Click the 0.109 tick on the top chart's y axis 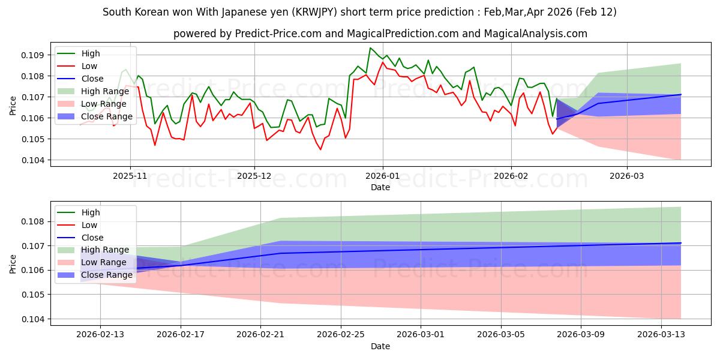coord(34,55)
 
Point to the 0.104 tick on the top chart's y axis coord(34,160)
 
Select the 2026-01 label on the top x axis coord(382,177)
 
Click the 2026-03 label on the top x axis coord(627,177)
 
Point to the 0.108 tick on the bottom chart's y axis coord(34,221)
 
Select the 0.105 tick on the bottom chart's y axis coord(34,295)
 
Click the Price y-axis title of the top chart coord(13,105)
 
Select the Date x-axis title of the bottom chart coord(380,346)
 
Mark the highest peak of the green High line coord(370,48)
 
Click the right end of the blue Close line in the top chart coord(681,94)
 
